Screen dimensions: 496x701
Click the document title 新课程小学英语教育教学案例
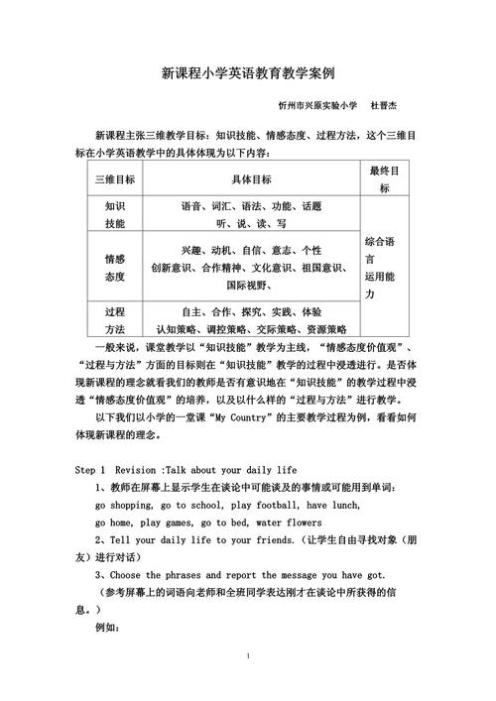click(247, 73)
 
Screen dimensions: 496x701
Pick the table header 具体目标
click(251, 179)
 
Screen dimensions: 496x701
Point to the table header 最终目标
click(384, 179)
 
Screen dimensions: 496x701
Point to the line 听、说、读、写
click(251, 224)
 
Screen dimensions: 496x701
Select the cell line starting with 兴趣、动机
click(251, 250)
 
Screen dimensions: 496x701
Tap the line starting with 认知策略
click(251, 328)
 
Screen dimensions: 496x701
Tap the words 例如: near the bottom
click(106, 627)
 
